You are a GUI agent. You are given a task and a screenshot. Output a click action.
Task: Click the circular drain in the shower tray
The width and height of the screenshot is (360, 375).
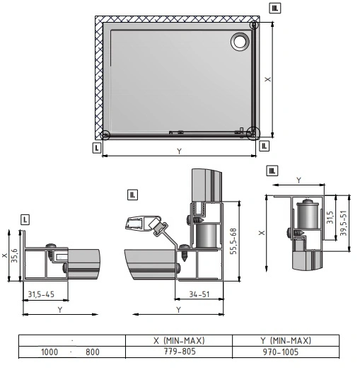point(240,41)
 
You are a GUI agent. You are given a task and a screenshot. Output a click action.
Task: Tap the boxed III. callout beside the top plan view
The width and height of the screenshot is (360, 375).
point(275,8)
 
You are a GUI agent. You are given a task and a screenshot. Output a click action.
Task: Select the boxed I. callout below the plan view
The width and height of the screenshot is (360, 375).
point(97,148)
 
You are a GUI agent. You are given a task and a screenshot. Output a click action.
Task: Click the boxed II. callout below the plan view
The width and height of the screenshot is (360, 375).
point(264,146)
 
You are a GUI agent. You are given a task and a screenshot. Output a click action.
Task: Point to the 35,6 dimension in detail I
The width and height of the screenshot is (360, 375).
point(14,255)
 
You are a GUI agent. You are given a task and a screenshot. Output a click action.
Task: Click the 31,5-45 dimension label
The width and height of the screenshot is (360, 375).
point(41,294)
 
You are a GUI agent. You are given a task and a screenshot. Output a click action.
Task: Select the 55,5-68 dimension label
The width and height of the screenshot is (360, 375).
point(233,241)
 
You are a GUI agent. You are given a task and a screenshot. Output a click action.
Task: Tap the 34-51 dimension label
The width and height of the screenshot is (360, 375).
point(199,294)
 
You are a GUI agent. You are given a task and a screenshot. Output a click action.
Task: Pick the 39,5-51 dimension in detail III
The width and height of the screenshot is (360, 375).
point(343,223)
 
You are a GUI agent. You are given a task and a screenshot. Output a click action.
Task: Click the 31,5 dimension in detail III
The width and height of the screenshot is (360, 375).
point(330,217)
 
